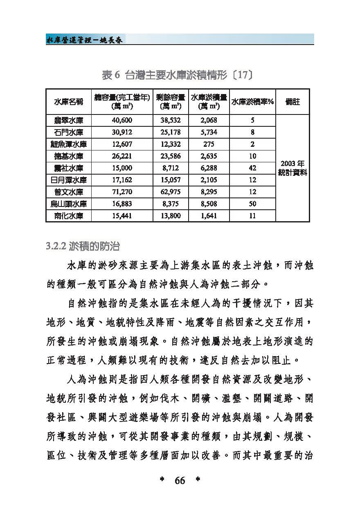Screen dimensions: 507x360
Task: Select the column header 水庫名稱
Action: pyautogui.click(x=68, y=102)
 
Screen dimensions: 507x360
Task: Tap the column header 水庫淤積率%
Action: pyautogui.click(x=252, y=102)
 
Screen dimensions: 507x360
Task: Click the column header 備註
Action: pyautogui.click(x=292, y=102)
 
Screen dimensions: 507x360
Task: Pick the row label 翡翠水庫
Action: pyautogui.click(x=68, y=120)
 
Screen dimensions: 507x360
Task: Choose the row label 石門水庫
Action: pyautogui.click(x=68, y=132)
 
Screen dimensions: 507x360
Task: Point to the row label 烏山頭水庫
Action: pyautogui.click(x=68, y=204)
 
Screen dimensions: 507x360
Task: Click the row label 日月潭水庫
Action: pyautogui.click(x=68, y=180)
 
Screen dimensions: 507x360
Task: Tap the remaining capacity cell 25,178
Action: pyautogui.click(x=171, y=132)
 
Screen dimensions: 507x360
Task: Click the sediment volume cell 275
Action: pyautogui.click(x=209, y=144)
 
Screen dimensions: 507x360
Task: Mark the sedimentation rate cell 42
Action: pyautogui.click(x=252, y=168)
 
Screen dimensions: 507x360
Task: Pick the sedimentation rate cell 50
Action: pyautogui.click(x=252, y=204)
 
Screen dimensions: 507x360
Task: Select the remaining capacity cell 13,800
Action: pyautogui.click(x=171, y=216)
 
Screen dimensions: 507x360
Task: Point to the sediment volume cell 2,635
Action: pyautogui.click(x=209, y=156)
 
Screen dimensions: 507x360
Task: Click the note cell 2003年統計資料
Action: pyautogui.click(x=292, y=168)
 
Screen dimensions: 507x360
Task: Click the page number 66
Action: pyautogui.click(x=180, y=481)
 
